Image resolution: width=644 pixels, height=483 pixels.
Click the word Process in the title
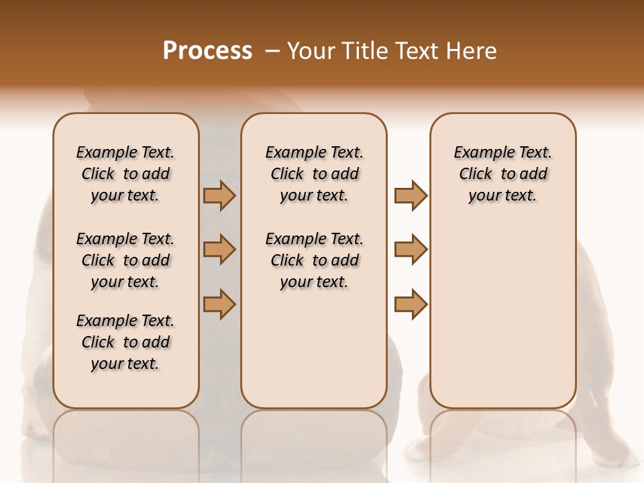pos(207,51)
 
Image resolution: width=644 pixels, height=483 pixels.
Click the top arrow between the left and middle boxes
pos(219,196)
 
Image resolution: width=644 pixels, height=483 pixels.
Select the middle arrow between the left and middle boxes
pos(219,250)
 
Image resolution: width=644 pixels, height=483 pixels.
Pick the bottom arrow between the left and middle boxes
pos(219,304)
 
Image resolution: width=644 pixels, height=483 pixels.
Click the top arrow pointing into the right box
pos(411,196)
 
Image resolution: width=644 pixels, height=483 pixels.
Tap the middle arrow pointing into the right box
pos(411,250)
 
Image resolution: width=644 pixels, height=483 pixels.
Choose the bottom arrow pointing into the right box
pos(411,304)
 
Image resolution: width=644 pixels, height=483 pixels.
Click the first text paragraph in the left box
pos(125,174)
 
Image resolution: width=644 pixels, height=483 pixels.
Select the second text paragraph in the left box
pos(125,260)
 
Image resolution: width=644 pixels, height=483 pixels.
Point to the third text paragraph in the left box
pos(125,342)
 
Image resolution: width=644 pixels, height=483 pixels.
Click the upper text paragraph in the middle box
pos(314,174)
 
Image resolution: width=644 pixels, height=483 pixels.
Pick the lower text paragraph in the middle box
pos(314,260)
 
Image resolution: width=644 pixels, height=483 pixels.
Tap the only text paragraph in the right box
pos(502,174)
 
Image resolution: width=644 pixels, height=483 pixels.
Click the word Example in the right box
pos(482,153)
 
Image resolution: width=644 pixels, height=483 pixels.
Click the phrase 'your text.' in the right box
pos(502,195)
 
